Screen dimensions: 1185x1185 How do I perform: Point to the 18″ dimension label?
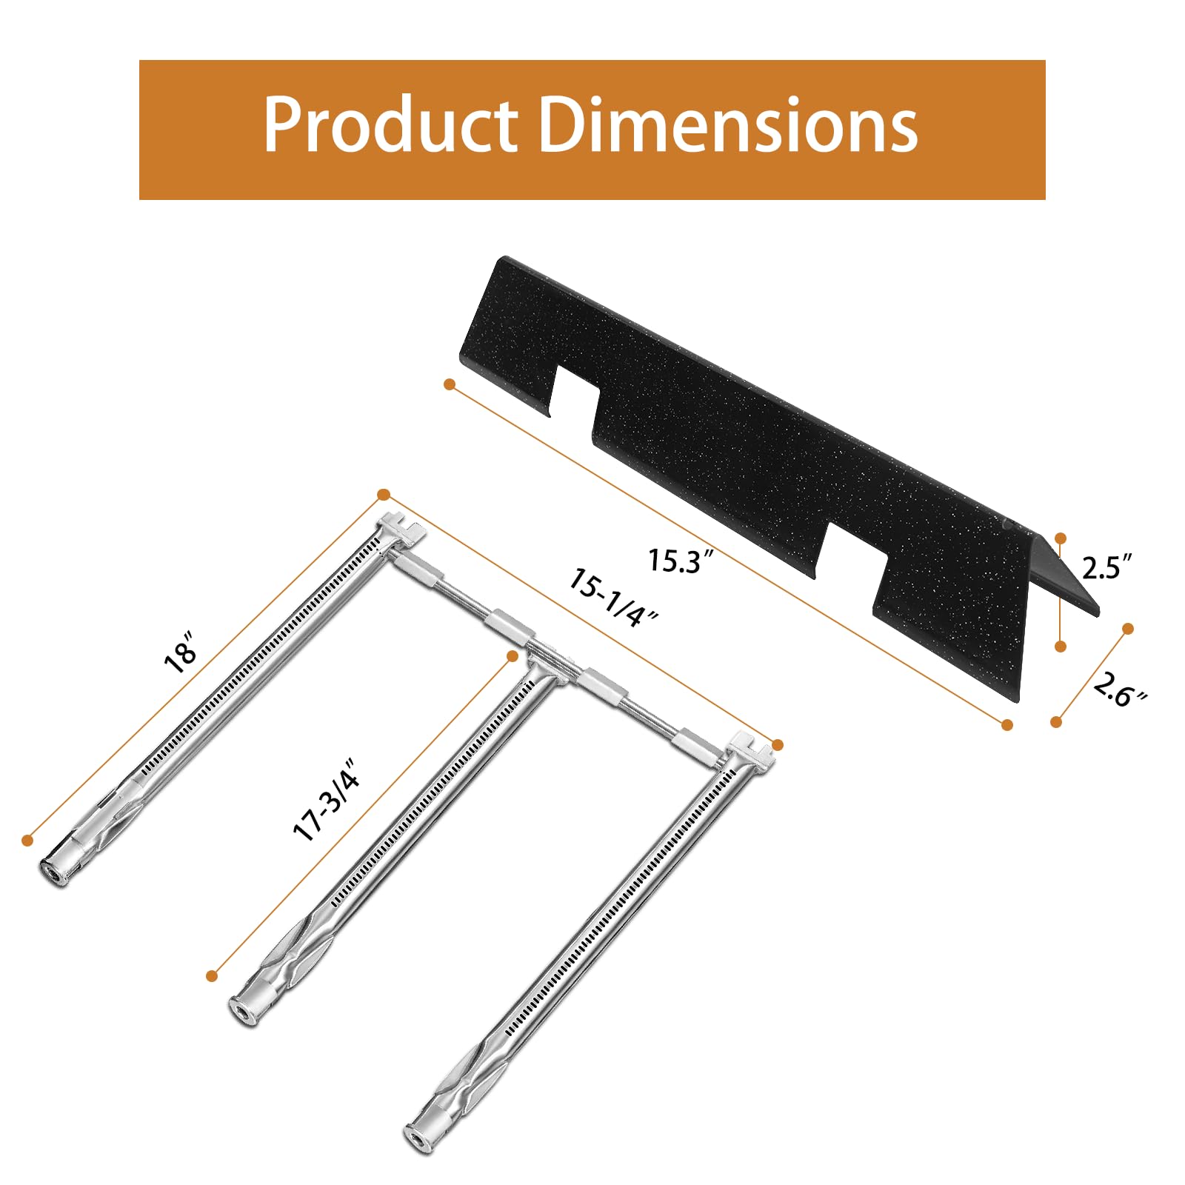click(x=181, y=652)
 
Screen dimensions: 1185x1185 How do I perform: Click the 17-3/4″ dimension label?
click(x=326, y=800)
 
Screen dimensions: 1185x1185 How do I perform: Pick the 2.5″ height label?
click(x=1106, y=567)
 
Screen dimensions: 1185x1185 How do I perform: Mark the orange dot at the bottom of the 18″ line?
click(x=27, y=840)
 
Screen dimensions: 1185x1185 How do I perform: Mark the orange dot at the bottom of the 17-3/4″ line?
click(x=212, y=976)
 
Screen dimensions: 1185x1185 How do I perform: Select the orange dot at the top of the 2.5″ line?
click(x=1061, y=538)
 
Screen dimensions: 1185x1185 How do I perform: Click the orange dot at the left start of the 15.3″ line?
click(x=449, y=384)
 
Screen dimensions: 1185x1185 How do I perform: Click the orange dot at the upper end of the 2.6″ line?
click(x=1128, y=629)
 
